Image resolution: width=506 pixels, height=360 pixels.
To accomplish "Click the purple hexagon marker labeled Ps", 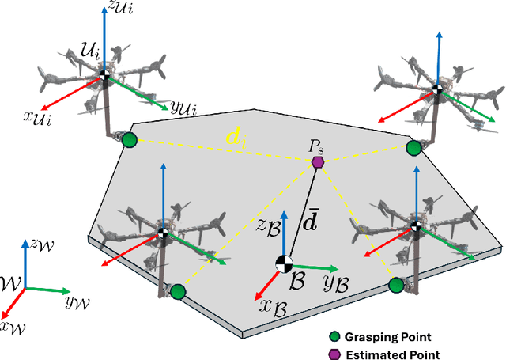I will [318, 162].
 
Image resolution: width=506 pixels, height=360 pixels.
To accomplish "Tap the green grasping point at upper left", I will [128, 141].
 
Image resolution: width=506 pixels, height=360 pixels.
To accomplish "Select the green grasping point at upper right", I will [413, 148].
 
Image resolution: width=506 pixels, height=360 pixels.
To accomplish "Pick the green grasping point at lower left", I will [177, 292].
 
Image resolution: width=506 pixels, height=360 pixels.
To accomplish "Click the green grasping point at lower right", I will [396, 285].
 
